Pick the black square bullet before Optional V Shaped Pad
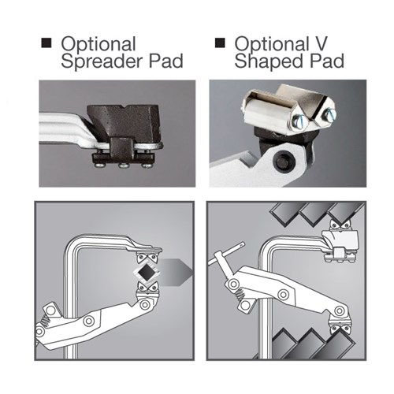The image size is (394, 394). pyautogui.click(x=220, y=43)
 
